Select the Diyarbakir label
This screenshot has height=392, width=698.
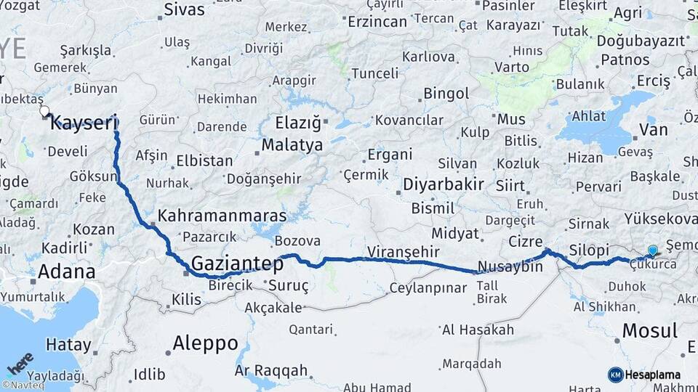pyautogui.click(x=443, y=184)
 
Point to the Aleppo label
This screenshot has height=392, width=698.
pyautogui.click(x=206, y=343)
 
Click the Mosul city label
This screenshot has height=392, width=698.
pyautogui.click(x=649, y=330)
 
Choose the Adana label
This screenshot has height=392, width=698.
pyautogui.click(x=66, y=272)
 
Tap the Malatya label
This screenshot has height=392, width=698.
pyautogui.click(x=292, y=144)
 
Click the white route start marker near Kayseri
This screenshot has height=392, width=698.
pyautogui.click(x=44, y=112)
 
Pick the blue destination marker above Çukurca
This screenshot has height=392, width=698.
pyautogui.click(x=652, y=250)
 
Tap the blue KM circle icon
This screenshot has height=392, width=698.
pyautogui.click(x=615, y=375)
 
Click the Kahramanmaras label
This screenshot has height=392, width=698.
pyautogui.click(x=222, y=216)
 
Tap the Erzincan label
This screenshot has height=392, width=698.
pyautogui.click(x=377, y=22)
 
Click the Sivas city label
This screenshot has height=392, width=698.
pyautogui.click(x=184, y=9)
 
